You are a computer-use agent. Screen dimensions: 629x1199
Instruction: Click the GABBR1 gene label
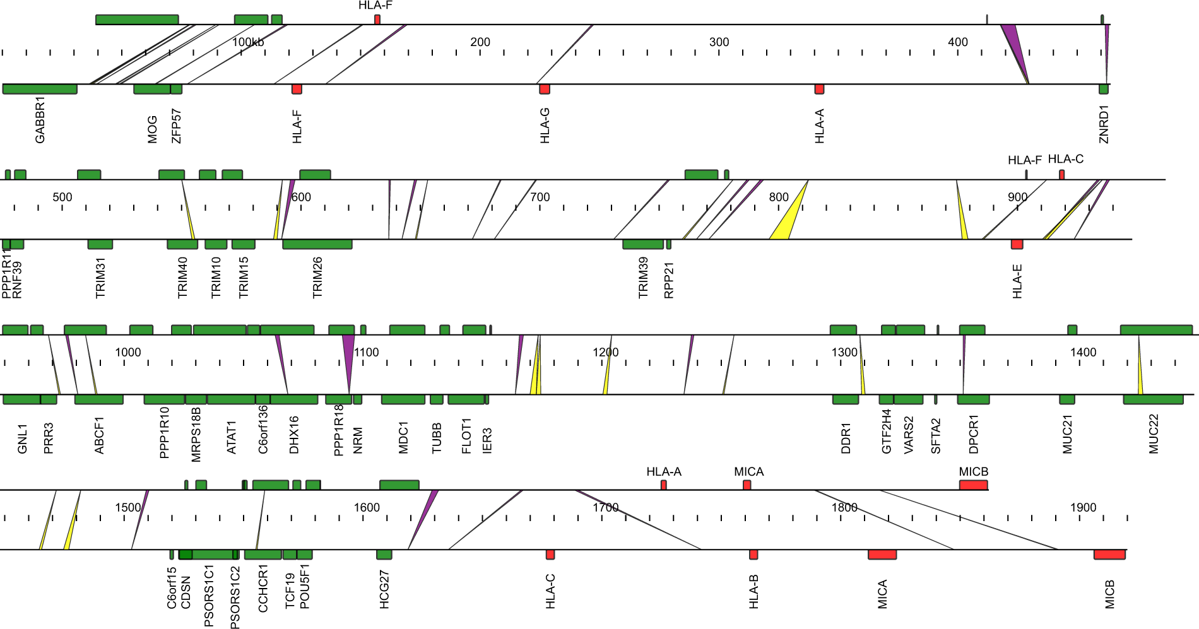40,120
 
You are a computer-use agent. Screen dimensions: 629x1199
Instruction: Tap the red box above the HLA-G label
545,89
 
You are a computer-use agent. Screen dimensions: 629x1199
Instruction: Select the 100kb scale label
248,42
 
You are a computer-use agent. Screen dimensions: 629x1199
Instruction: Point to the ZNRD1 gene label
1104,124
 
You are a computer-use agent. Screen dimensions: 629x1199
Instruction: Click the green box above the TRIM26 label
317,244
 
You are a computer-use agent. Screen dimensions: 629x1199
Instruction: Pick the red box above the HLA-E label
1017,244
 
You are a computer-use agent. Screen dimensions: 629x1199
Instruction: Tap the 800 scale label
779,197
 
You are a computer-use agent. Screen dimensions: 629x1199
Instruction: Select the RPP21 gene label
670,279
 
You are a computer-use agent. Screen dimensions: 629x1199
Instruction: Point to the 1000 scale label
127,352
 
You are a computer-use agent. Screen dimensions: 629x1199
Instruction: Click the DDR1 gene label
846,438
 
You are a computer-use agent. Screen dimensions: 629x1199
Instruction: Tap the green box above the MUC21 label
1066,399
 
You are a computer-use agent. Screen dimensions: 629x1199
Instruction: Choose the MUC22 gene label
1154,433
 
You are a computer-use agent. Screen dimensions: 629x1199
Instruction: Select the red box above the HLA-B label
753,555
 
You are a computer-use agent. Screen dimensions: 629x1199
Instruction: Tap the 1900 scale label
1083,507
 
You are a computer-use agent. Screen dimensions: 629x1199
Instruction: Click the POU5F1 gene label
305,586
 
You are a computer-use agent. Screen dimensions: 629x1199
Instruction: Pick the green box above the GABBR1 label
40,89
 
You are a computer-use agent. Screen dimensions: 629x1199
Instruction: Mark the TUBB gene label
437,438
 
